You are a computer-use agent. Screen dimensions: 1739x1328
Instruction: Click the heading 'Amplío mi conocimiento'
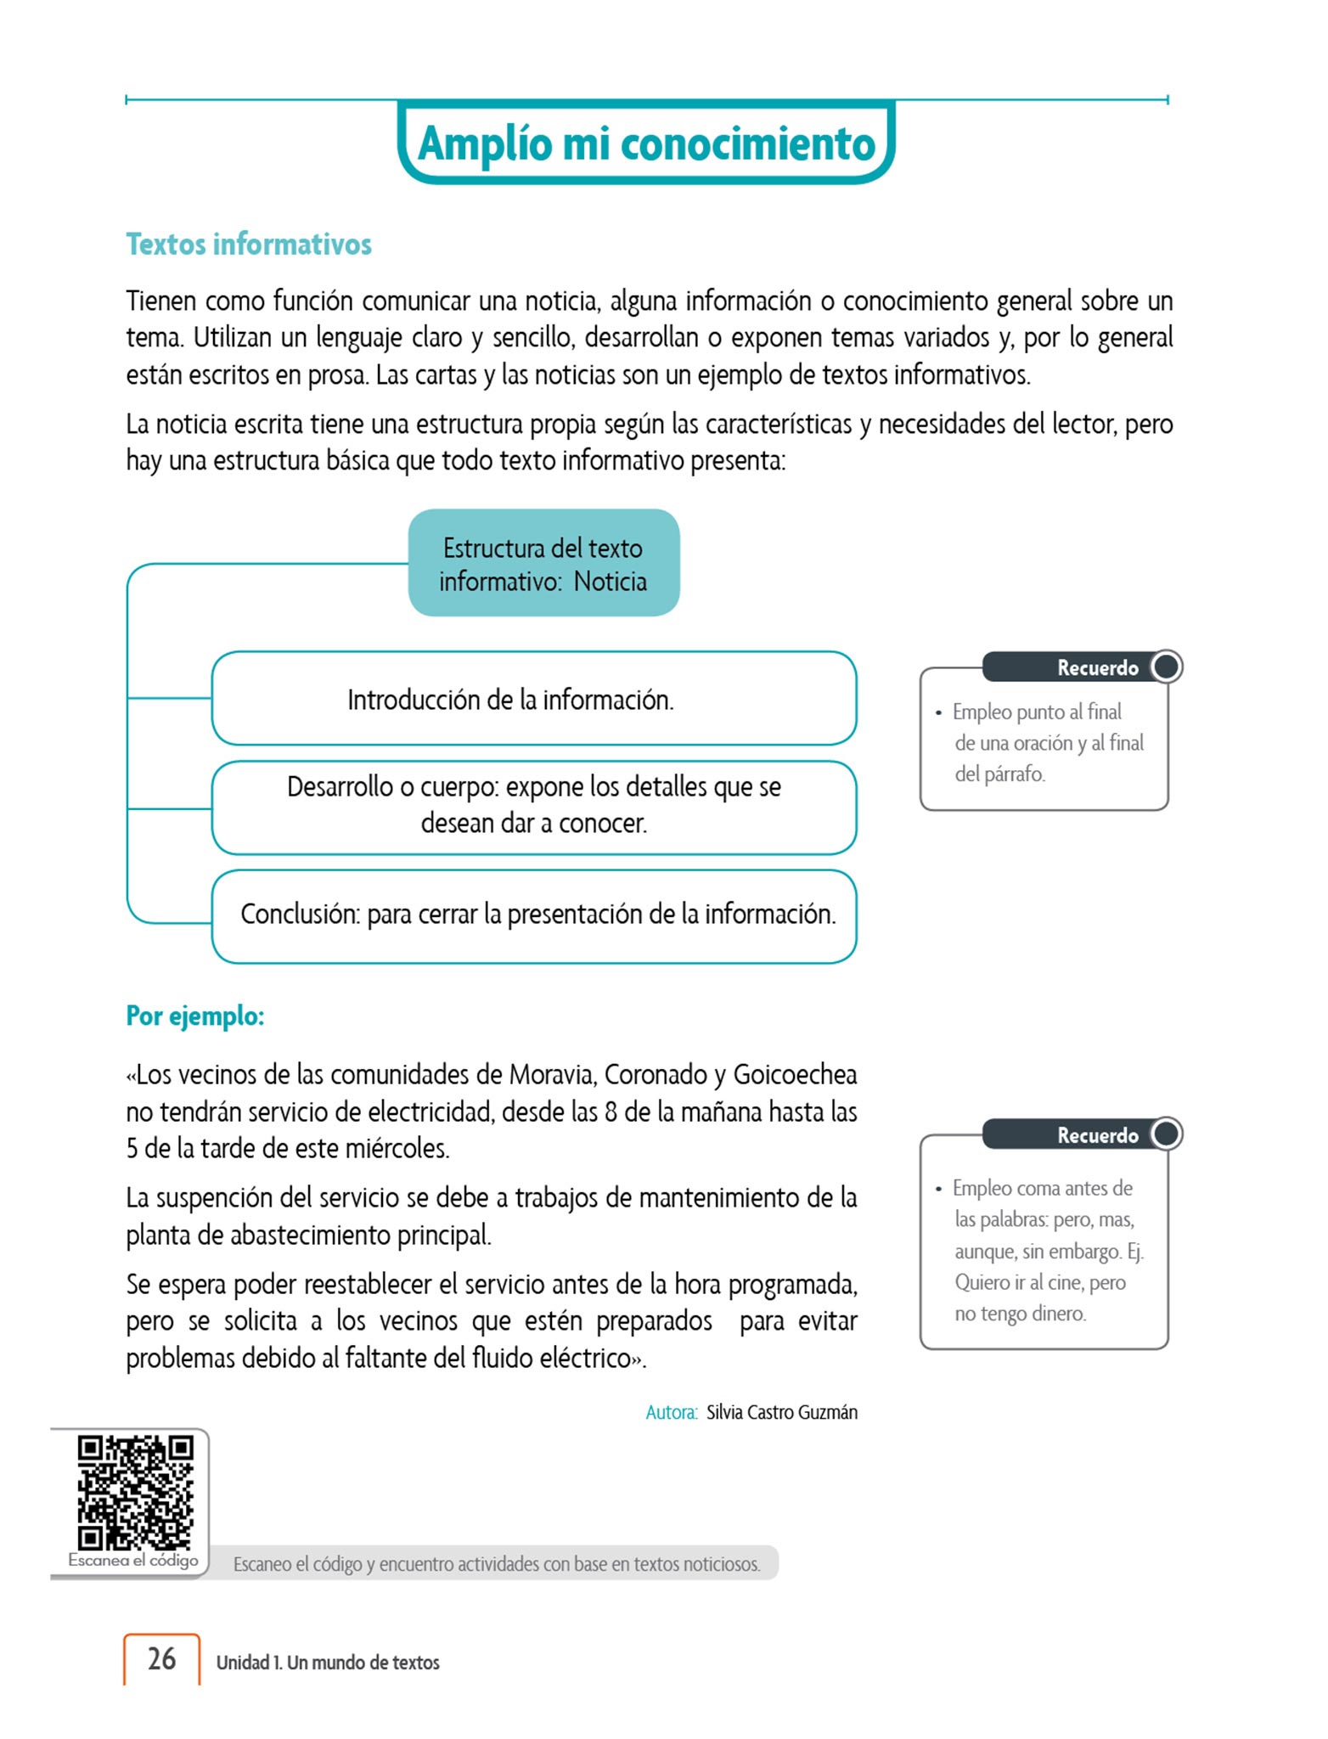click(x=646, y=143)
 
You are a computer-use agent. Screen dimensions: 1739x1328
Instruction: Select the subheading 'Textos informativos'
click(x=249, y=245)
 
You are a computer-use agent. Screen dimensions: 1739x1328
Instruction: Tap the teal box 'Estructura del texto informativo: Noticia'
click(x=543, y=564)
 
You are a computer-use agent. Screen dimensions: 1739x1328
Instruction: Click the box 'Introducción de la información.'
click(x=533, y=699)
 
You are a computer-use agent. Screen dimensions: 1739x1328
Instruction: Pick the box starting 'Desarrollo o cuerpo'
click(x=533, y=805)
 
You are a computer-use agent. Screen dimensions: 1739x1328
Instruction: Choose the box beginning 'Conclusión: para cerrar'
click(x=533, y=915)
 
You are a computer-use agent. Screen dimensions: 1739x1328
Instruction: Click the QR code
click(x=135, y=1493)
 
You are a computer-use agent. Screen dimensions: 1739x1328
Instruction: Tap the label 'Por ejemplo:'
click(x=195, y=1016)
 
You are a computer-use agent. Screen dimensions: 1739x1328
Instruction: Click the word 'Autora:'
click(x=671, y=1412)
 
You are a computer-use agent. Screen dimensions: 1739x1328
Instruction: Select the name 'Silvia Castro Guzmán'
click(x=781, y=1412)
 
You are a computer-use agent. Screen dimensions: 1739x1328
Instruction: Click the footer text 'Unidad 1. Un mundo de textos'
click(x=328, y=1663)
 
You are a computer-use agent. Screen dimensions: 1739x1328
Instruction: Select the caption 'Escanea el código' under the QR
click(x=133, y=1560)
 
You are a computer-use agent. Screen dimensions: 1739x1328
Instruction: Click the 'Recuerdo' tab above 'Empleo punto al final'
click(x=1097, y=667)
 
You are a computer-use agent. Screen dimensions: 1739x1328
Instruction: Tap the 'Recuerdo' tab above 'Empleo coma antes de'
click(x=1097, y=1135)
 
